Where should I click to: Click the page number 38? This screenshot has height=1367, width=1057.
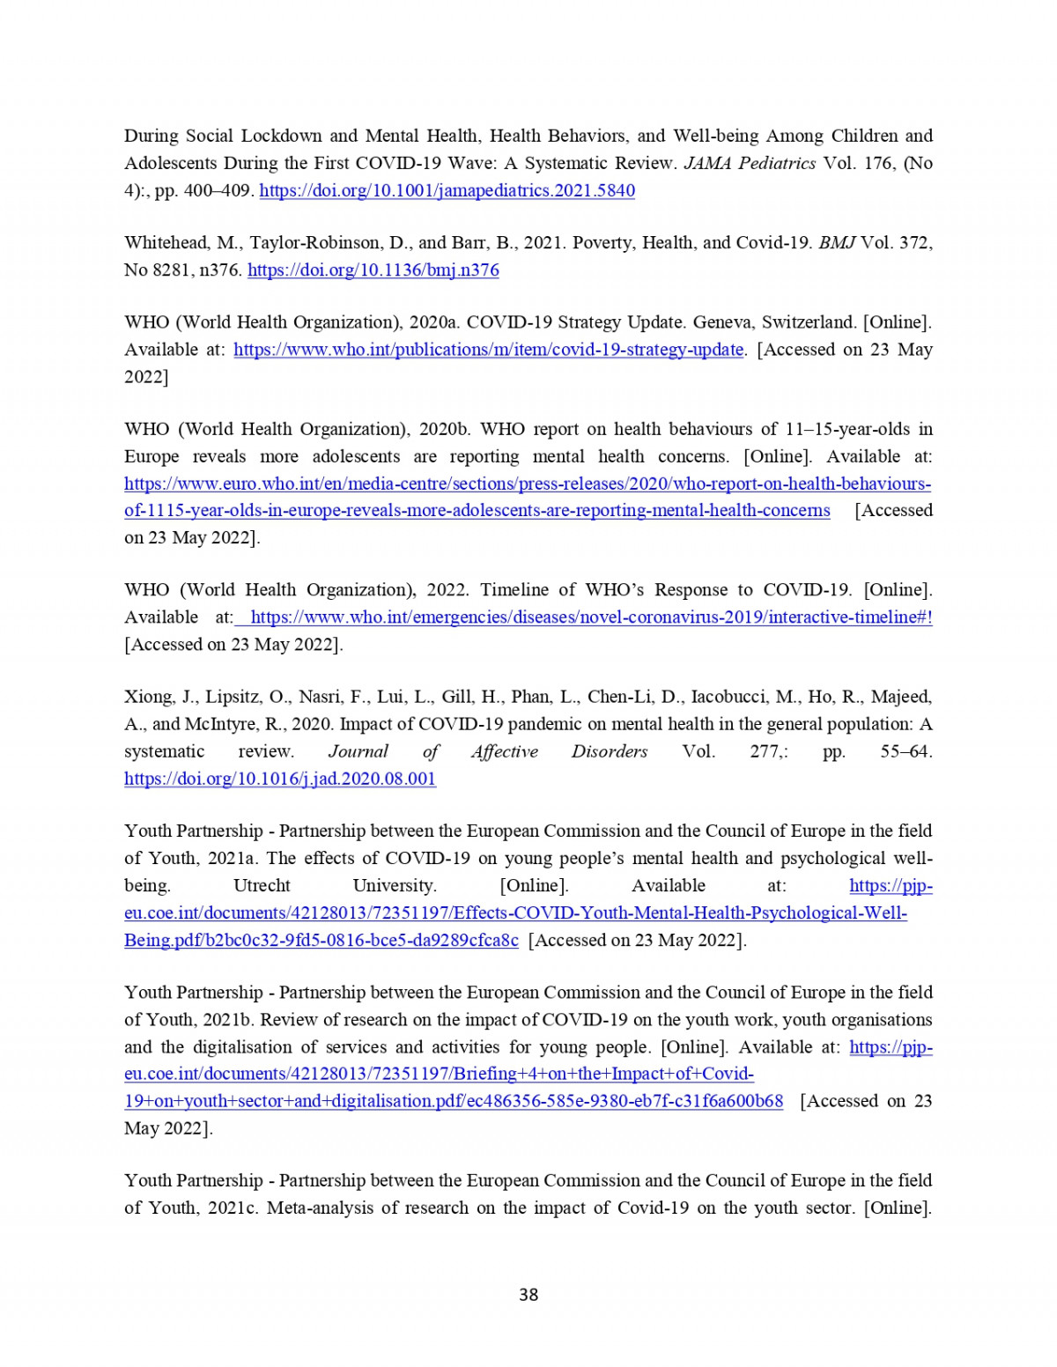click(528, 1294)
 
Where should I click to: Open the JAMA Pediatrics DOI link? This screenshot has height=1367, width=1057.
click(447, 190)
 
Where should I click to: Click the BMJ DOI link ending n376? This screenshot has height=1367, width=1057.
click(373, 270)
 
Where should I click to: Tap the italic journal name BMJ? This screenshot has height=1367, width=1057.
click(837, 242)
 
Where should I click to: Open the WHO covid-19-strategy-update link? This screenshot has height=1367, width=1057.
click(488, 349)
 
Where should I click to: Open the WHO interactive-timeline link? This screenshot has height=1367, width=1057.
click(590, 617)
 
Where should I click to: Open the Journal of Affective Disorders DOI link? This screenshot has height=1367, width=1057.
click(280, 778)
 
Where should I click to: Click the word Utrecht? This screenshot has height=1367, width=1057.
click(262, 885)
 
